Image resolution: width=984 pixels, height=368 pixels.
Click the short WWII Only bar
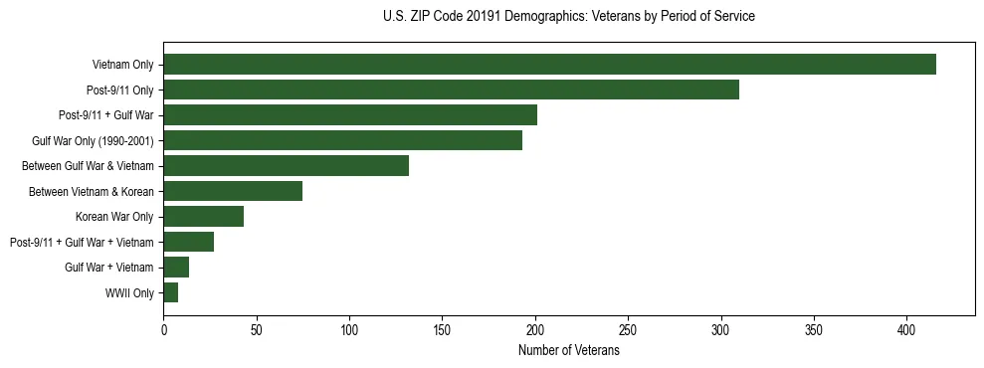[171, 292]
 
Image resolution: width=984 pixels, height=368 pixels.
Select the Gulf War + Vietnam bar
[176, 268]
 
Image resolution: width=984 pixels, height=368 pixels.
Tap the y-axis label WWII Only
[129, 293]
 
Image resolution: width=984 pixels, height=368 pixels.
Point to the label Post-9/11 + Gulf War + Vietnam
[82, 243]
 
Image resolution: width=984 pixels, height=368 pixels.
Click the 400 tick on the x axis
[906, 328]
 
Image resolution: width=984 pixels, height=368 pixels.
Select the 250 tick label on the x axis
[628, 328]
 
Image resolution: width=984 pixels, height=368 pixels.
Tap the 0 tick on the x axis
[163, 328]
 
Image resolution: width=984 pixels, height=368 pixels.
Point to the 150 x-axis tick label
[442, 328]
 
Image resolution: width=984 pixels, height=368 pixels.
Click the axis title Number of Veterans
[568, 350]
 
